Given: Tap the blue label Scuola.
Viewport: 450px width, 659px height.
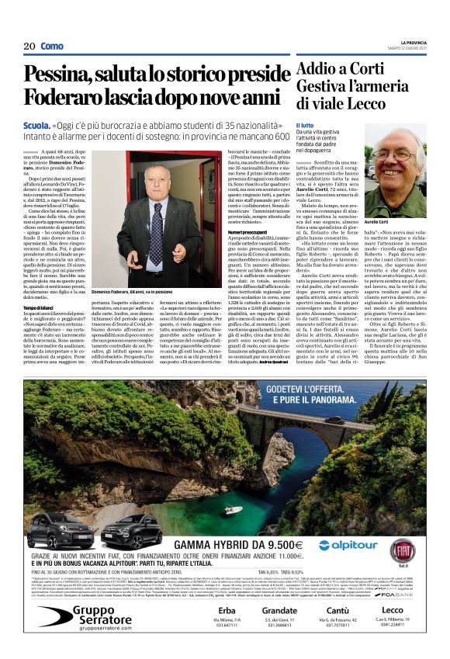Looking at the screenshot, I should [36, 123].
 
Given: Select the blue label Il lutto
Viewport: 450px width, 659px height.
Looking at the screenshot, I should [305, 125].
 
